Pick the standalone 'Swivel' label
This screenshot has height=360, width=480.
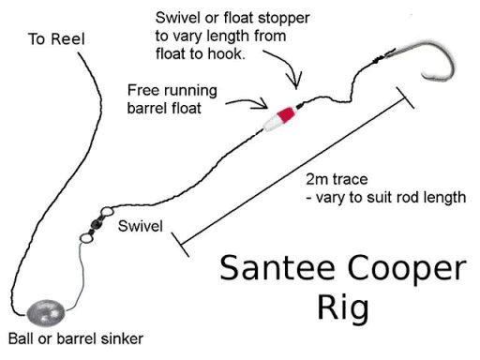click(141, 227)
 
